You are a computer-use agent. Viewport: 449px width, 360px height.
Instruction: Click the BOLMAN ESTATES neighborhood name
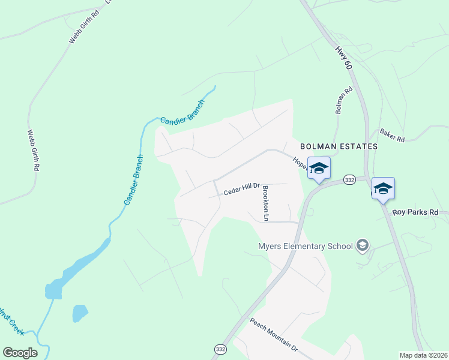coord(339,146)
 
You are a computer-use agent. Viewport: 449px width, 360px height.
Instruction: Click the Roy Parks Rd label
coord(420,212)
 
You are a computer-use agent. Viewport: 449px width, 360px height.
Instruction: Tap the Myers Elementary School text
coord(305,246)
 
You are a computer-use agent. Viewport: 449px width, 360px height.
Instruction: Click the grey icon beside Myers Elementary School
coord(362,245)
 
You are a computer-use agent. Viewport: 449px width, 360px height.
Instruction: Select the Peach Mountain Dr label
coord(274,335)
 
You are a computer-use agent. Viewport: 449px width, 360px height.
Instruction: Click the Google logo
coord(20,352)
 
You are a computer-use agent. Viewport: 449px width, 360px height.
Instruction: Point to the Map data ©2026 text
coord(423,355)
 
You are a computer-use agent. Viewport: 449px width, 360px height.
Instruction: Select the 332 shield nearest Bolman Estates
coord(350,179)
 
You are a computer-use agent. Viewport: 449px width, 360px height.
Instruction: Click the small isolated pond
coord(79,313)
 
